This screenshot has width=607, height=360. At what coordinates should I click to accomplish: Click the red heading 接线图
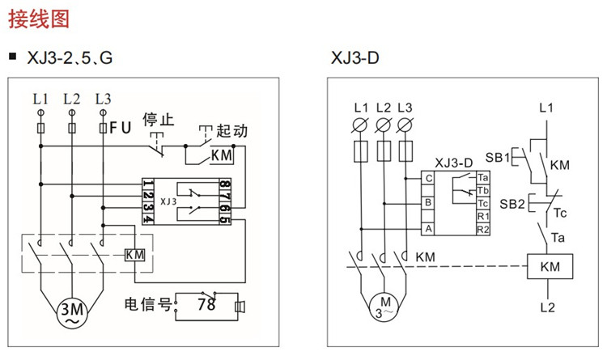(x=39, y=19)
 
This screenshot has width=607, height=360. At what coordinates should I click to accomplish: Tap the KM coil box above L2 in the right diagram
(x=550, y=266)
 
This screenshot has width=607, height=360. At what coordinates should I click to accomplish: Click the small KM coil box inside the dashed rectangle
(x=134, y=255)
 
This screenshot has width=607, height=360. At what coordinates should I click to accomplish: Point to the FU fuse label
(x=121, y=128)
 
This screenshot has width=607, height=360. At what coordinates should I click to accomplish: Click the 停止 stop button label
(x=158, y=120)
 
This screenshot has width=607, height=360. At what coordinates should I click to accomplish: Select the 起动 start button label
(x=231, y=131)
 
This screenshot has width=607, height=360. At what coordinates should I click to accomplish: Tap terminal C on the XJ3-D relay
(x=428, y=179)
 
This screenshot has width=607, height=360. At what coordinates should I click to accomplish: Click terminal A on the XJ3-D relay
(x=428, y=229)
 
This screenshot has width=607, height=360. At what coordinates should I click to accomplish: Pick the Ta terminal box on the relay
(x=483, y=178)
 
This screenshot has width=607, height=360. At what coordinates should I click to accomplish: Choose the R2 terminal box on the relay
(x=483, y=229)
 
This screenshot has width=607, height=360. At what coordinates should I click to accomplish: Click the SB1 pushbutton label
(x=498, y=158)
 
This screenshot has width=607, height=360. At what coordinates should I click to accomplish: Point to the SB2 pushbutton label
(x=511, y=204)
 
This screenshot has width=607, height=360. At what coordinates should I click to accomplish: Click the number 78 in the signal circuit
(x=206, y=304)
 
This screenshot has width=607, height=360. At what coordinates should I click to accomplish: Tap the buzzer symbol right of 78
(x=240, y=307)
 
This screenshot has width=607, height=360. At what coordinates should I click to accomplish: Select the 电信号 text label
(x=147, y=304)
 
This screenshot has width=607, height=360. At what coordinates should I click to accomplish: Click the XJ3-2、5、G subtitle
(x=70, y=58)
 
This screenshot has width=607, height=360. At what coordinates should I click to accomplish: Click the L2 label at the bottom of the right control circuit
(x=547, y=307)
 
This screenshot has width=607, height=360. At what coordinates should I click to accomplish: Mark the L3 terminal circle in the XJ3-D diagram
(x=405, y=125)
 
